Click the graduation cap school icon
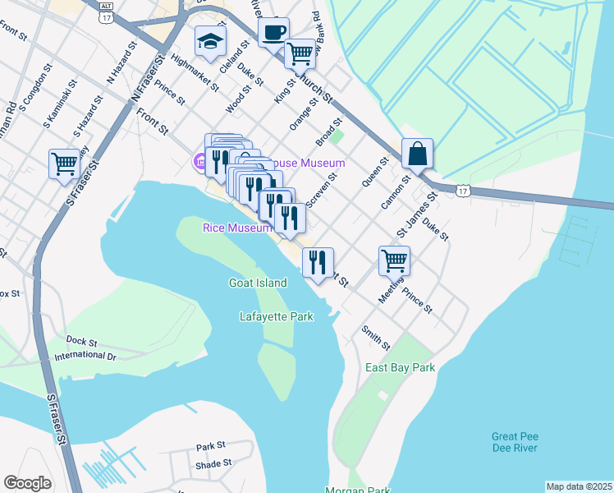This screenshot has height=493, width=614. point(210,42)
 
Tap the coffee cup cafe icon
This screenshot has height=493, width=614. point(273,34)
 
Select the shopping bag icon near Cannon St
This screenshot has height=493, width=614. point(417,153)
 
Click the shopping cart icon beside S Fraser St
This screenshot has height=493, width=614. point(64,162)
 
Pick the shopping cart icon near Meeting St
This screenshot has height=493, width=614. point(394,260)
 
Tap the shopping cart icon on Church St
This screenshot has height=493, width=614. point(300,53)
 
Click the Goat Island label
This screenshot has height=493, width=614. point(258,283)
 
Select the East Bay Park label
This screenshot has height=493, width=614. point(400,368)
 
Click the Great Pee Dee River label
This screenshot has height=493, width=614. point(515,442)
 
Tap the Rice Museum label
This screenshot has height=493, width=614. point(237,228)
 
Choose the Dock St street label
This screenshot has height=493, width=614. point(81,341)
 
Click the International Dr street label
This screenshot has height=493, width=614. point(85,357)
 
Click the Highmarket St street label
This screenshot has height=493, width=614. point(195,72)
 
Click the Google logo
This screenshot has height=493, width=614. point(28,483)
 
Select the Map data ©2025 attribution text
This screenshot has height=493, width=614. point(579,486)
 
